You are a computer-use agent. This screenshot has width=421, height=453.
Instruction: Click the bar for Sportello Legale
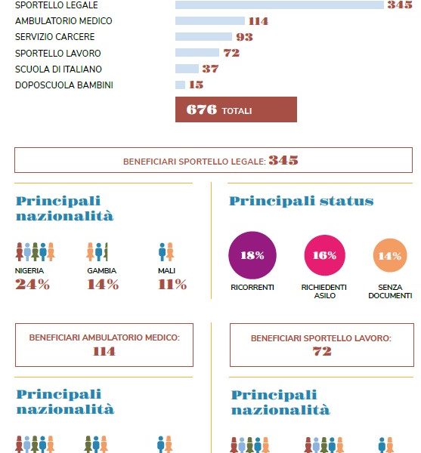coord(280,5)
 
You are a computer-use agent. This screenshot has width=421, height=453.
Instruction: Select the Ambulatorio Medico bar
coord(210,21)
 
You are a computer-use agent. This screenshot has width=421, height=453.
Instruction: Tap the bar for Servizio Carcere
coord(203,37)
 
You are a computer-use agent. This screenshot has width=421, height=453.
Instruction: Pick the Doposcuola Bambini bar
coord(180,85)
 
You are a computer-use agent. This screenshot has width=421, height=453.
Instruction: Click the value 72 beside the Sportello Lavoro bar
coord(231,53)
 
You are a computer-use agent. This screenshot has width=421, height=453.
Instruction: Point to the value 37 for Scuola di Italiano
coord(210,69)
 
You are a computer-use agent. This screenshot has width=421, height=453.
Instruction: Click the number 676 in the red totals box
coord(202,109)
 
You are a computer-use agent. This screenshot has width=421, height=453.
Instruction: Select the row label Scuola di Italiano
coord(58,69)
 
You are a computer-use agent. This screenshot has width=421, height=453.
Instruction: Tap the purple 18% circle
coord(252,255)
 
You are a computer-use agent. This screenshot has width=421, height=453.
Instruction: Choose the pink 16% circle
coord(325,255)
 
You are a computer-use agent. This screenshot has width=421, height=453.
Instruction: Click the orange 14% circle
coord(390,255)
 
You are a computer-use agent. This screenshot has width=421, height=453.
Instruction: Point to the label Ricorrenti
coord(252,288)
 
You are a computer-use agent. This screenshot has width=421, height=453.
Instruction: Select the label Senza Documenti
coord(390,291)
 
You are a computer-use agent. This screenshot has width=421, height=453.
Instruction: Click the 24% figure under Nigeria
coord(33,285)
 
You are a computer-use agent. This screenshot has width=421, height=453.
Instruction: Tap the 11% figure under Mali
coord(172,285)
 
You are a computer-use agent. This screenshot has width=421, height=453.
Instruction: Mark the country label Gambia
coord(102,271)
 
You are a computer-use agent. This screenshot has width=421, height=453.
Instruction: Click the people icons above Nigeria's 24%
coord(36,251)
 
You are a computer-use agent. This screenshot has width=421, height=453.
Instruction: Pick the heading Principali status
coord(302,201)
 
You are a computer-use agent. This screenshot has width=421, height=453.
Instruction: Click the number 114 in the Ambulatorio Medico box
coord(104,351)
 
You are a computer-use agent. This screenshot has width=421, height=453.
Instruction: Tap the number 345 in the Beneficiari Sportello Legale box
coord(283,160)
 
